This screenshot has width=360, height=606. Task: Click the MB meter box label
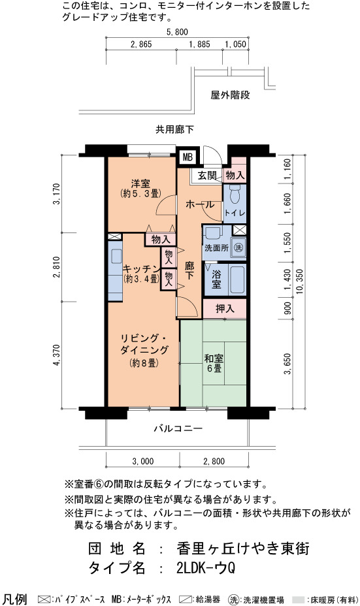click(x=188, y=157)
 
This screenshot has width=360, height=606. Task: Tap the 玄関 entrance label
click(x=207, y=175)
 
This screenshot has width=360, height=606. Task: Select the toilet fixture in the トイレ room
click(x=235, y=195)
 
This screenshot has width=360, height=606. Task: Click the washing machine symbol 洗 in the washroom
click(x=239, y=247)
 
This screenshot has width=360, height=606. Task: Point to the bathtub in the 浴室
click(x=237, y=279)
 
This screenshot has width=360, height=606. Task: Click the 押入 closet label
click(x=225, y=308)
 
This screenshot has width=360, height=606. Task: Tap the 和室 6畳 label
click(x=214, y=363)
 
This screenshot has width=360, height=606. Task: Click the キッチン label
click(x=142, y=268)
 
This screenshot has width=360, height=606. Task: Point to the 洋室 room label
click(x=140, y=183)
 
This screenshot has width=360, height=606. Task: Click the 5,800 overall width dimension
click(x=177, y=32)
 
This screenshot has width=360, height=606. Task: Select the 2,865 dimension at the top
click(x=141, y=44)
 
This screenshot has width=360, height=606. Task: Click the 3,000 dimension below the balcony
click(x=142, y=461)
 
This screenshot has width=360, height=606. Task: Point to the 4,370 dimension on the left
click(x=57, y=355)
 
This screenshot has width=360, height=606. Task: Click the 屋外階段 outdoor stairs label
click(x=230, y=95)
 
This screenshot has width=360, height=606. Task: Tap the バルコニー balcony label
click(x=178, y=428)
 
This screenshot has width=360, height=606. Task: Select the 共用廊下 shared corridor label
click(x=175, y=129)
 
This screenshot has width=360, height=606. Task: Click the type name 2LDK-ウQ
click(x=206, y=568)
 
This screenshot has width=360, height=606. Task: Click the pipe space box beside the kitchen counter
click(x=114, y=236)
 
